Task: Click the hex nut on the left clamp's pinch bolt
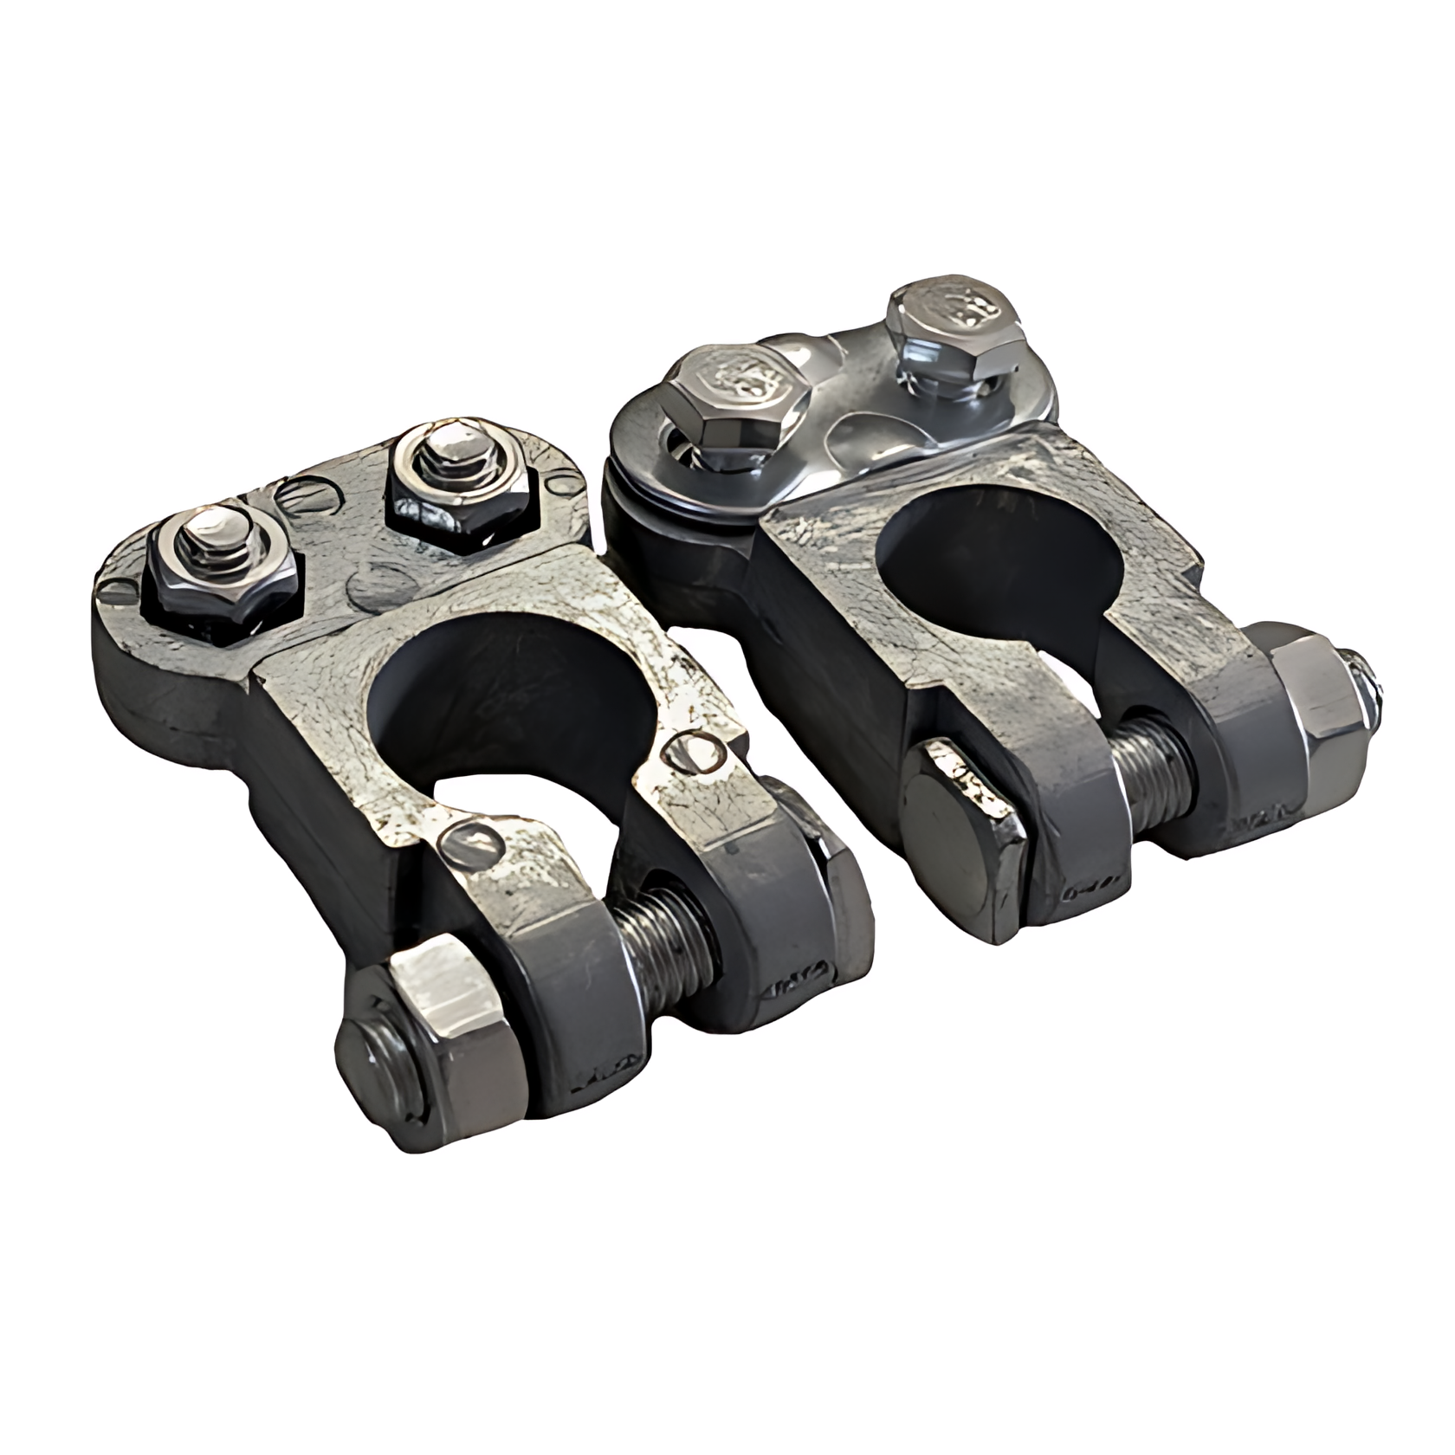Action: coord(416,1039)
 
